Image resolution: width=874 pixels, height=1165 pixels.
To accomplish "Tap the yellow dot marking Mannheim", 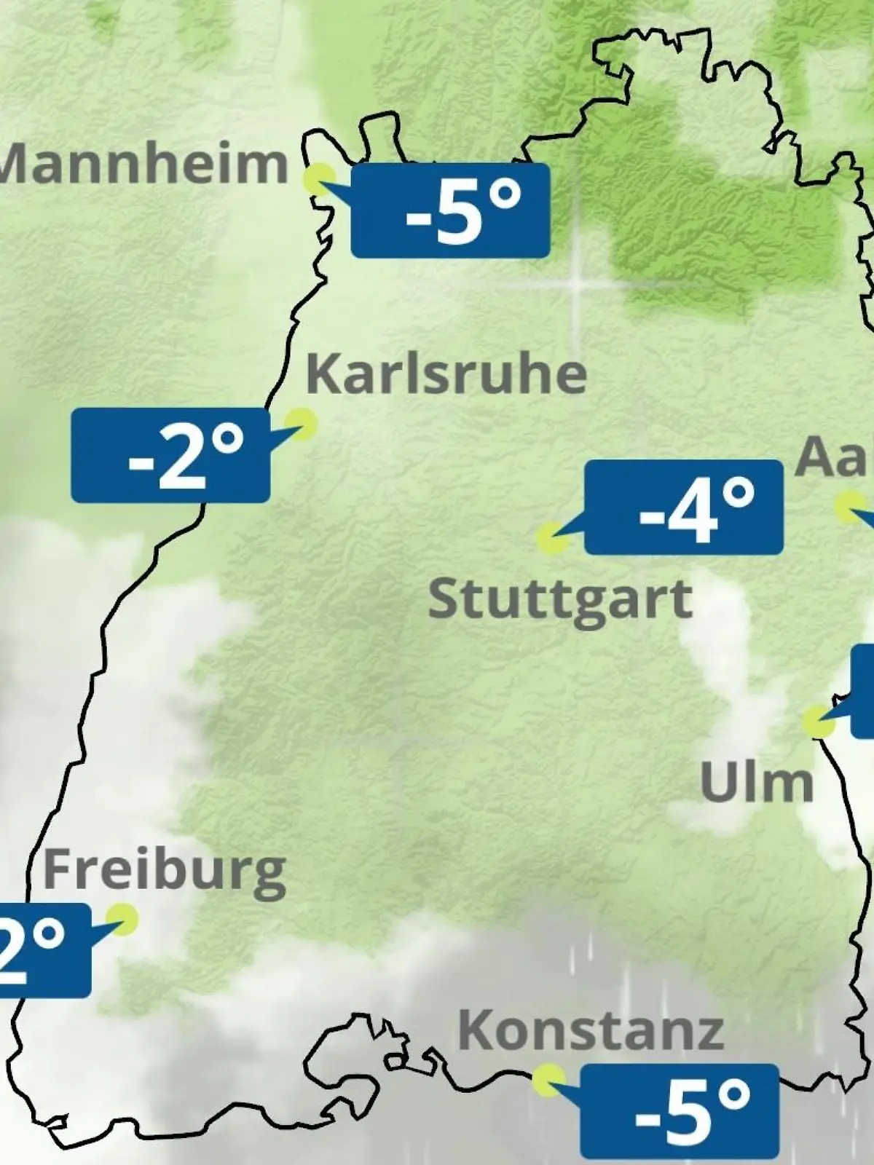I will [x=320, y=179].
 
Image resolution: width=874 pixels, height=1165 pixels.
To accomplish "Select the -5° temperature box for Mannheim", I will [x=450, y=210].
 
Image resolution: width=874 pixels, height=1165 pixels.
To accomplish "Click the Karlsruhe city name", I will [x=446, y=374].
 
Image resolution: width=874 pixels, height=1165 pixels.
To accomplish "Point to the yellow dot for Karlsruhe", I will [x=300, y=422].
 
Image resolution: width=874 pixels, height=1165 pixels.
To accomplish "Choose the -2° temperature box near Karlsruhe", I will [x=170, y=456].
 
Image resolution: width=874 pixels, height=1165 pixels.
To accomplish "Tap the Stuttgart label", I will [x=560, y=599].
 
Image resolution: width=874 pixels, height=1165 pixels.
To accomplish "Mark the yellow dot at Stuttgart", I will [x=552, y=539].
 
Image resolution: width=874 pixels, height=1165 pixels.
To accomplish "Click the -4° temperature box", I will [x=684, y=507].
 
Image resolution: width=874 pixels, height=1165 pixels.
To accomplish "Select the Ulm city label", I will [x=757, y=783].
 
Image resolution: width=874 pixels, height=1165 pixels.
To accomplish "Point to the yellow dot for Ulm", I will [x=819, y=721].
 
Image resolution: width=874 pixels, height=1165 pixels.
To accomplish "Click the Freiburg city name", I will [x=165, y=870].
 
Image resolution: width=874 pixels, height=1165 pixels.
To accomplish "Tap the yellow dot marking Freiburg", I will [x=122, y=920].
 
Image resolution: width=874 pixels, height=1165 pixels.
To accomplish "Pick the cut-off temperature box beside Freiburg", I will [x=44, y=950].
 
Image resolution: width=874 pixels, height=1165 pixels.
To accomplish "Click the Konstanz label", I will [x=591, y=1030].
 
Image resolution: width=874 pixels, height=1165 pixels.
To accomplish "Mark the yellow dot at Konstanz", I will [x=548, y=1081].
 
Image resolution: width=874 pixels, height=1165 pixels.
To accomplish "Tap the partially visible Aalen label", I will [x=835, y=457].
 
